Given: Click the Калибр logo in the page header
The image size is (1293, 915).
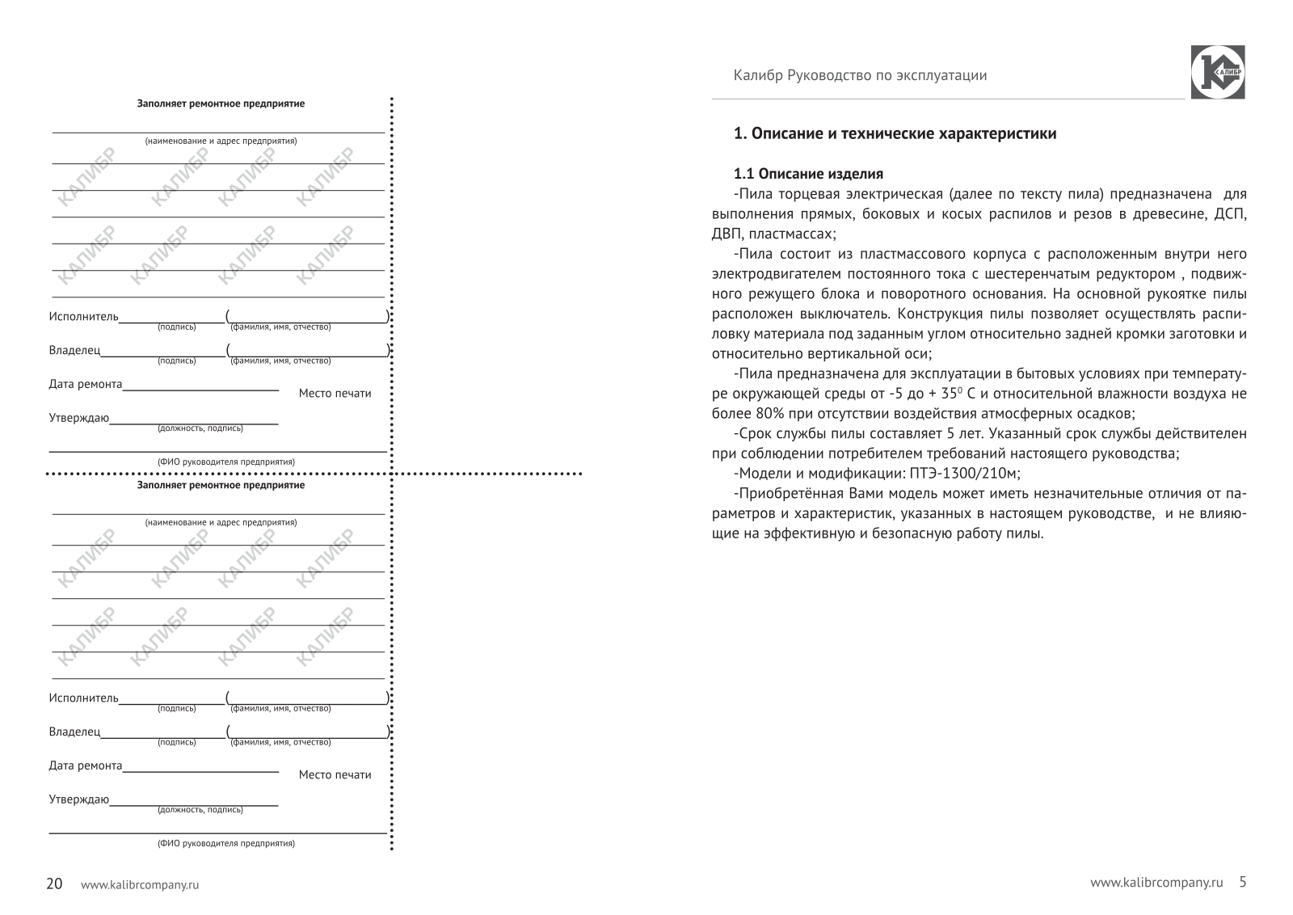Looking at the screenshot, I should [1217, 73].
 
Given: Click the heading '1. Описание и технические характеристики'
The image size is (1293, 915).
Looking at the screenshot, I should [895, 134].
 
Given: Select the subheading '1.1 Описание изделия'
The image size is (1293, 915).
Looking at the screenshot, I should [808, 174].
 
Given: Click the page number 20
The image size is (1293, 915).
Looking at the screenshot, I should [54, 883].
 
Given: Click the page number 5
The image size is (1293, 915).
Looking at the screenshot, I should [1243, 882].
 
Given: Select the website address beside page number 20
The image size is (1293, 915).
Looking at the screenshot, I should [140, 885].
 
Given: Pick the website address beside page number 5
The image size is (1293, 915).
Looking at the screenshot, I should [1156, 883].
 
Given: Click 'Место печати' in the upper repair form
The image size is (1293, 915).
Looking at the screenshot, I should [335, 394].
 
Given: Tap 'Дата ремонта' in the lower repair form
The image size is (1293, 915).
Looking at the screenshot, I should [86, 765].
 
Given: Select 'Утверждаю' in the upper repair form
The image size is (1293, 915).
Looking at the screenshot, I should [78, 418].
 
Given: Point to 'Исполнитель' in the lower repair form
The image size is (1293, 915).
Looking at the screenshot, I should [83, 698].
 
